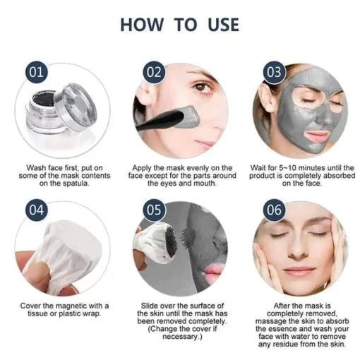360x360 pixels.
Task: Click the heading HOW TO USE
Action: click(x=180, y=24)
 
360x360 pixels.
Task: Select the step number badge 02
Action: click(x=154, y=73)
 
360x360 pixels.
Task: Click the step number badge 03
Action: click(x=273, y=73)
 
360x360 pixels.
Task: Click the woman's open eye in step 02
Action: click(x=202, y=88)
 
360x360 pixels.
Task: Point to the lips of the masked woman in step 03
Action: click(x=297, y=135)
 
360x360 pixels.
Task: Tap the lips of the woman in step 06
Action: click(x=299, y=272)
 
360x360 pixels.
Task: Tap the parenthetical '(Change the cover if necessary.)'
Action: click(x=179, y=333)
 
